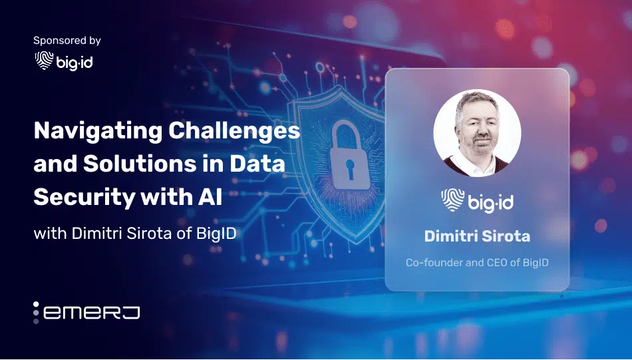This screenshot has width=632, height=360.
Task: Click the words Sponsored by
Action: [67, 41]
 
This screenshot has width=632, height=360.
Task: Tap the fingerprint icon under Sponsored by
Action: [44, 61]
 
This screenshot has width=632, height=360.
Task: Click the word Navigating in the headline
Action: [98, 131]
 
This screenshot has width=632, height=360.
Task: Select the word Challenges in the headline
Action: [234, 131]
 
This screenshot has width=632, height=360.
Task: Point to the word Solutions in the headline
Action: [140, 164]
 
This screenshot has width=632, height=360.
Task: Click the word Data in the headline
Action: [257, 164]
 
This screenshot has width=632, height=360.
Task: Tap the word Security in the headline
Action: [84, 198]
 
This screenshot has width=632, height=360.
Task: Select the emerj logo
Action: [86, 313]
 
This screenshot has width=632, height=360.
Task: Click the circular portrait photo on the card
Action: [477, 133]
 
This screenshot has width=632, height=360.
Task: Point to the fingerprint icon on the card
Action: [452, 200]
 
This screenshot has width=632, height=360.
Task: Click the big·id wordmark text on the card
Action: [491, 201]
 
